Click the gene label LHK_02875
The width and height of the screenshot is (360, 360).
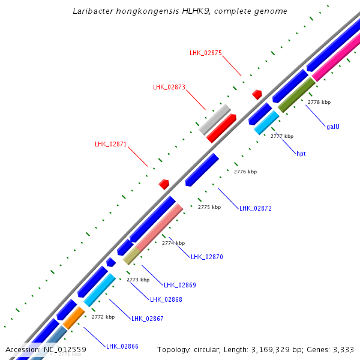coord(206,53)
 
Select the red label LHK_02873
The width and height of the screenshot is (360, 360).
coord(169,87)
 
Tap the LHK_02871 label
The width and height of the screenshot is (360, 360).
coord(111,144)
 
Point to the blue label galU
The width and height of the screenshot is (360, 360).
coord(334,127)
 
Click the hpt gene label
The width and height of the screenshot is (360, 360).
coord(301,154)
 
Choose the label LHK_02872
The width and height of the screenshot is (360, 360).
coord(256,209)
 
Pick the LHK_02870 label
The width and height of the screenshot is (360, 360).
coord(207,257)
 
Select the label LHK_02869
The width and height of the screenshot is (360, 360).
coord(180,285)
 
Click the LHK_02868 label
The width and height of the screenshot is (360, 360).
coord(166,299)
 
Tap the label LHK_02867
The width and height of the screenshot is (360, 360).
coord(148,319)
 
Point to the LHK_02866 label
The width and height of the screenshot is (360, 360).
coord(122,346)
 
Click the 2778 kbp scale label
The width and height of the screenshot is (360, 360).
coord(319,102)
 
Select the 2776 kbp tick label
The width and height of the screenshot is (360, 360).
coord(245,172)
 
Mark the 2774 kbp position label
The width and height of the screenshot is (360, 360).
coord(173,243)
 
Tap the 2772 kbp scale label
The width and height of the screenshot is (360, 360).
coord(103,317)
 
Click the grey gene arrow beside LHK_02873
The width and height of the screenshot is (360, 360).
coord(214,120)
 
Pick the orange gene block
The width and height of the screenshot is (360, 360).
coord(74,318)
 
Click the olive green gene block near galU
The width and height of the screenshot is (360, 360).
coord(296,95)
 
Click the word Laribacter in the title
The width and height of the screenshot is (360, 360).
coord(91,11)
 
